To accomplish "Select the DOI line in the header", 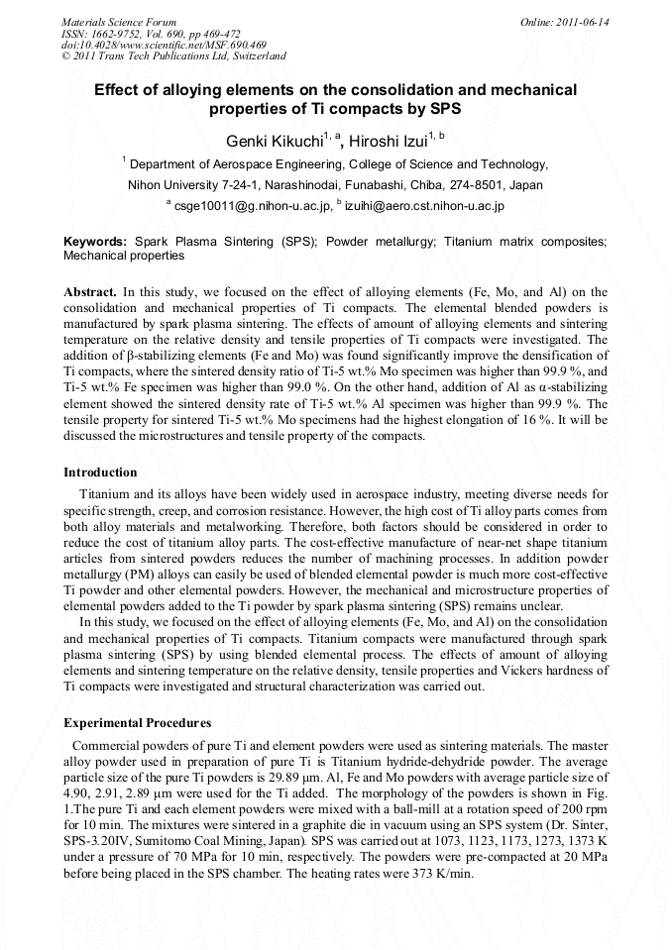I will [x=164, y=46].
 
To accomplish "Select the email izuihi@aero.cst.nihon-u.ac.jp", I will [x=425, y=206].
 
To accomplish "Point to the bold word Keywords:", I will [x=95, y=241].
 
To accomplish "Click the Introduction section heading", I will [x=100, y=473].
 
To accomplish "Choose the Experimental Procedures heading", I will [x=137, y=723].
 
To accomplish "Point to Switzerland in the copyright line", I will [x=256, y=56].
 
